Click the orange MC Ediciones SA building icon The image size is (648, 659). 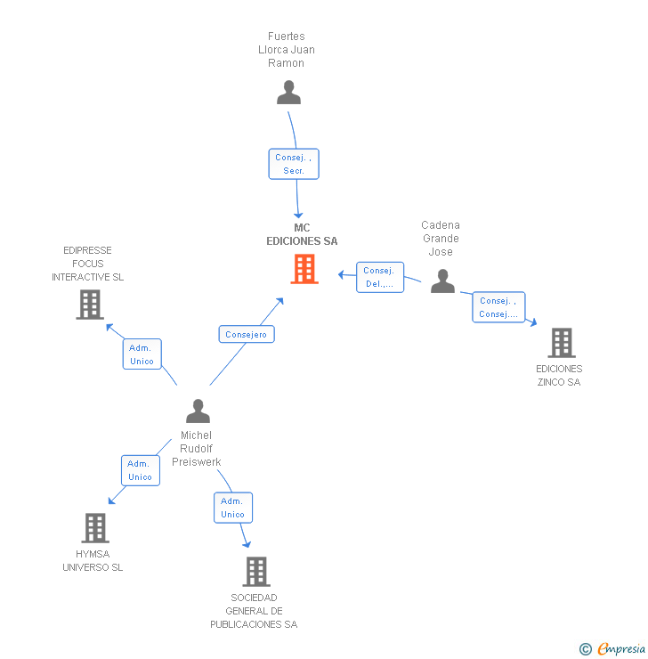[x=304, y=269]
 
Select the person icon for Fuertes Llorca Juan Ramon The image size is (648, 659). [x=288, y=93]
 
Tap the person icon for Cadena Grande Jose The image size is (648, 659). [x=442, y=281]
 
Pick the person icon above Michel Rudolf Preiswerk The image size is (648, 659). [x=198, y=411]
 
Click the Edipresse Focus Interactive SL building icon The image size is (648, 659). [x=89, y=305]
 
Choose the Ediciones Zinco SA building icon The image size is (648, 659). [x=561, y=343]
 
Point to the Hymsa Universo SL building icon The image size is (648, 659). [x=94, y=528]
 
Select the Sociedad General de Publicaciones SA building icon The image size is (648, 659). [x=255, y=572]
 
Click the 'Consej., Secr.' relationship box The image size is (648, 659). [x=294, y=164]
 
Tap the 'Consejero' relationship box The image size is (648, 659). [x=247, y=334]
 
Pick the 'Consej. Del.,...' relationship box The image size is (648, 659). [x=380, y=277]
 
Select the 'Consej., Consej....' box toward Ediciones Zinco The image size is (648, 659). [x=498, y=307]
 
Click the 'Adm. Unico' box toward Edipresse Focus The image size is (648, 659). [x=142, y=354]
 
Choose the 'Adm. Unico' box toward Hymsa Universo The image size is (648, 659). [x=141, y=470]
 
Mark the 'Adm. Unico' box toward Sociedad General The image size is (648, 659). [x=233, y=508]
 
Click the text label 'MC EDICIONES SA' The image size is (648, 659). [x=303, y=234]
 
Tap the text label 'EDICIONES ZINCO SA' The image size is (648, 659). [x=559, y=375]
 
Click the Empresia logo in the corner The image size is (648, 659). [x=613, y=649]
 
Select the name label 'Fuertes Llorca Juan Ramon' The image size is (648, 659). [x=287, y=50]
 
